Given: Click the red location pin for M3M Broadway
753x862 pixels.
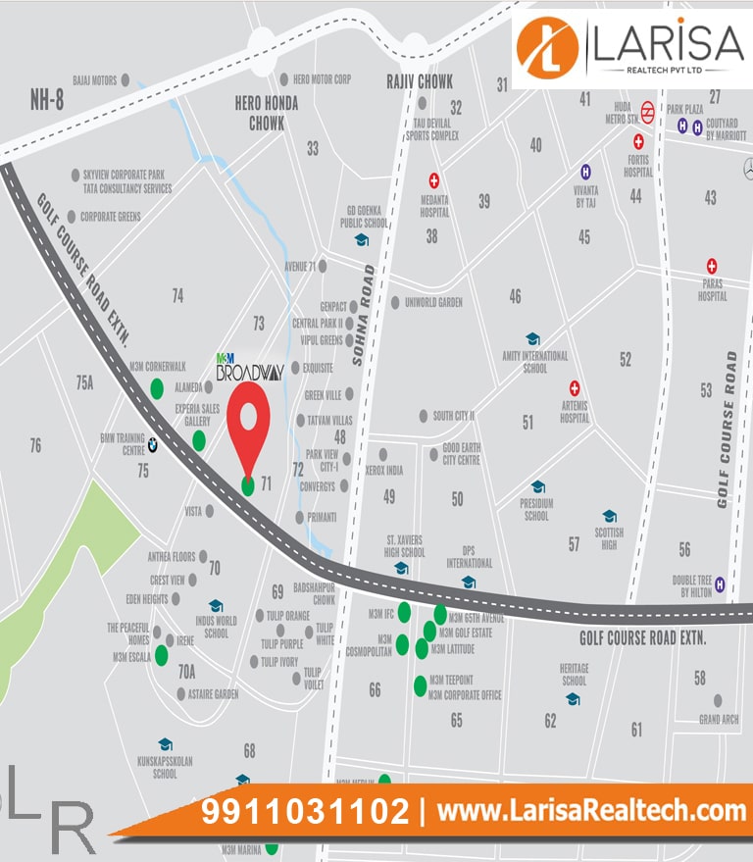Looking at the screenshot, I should [x=249, y=417].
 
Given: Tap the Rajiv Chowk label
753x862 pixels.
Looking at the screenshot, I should [x=421, y=82].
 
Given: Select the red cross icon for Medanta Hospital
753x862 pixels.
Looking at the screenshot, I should [x=433, y=180].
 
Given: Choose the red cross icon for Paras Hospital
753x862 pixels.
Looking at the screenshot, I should [x=713, y=266].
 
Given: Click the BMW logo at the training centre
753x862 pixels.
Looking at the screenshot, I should [x=153, y=445].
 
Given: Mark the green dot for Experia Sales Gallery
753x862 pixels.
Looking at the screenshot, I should [x=199, y=440].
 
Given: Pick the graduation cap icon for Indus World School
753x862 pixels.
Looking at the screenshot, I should [x=216, y=606].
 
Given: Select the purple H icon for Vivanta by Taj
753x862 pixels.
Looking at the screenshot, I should [x=586, y=171].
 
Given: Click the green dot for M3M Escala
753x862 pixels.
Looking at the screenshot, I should [x=161, y=656].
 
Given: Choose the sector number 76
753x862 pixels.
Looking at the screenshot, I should [x=35, y=446].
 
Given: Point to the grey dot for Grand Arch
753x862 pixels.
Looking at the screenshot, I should [x=718, y=701].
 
